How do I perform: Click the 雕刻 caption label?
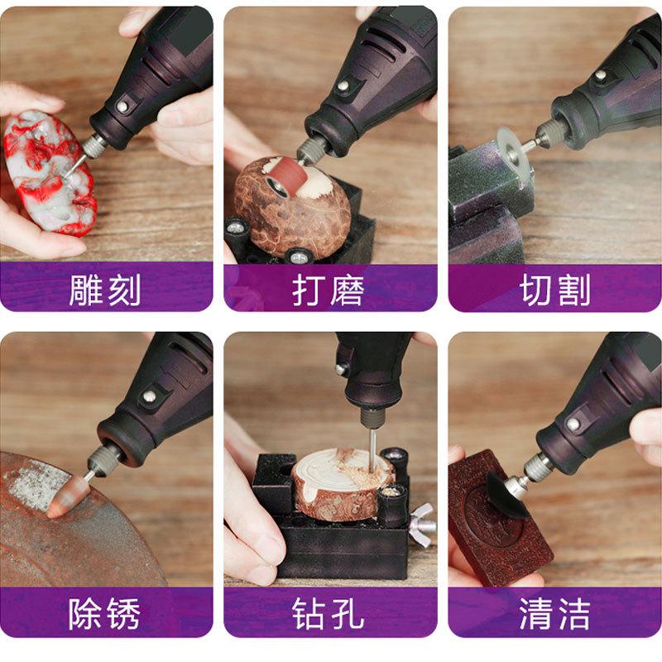106,290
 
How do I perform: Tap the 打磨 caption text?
329,290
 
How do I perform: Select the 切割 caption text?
555,290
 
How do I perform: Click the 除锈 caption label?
106,614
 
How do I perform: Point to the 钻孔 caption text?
329,614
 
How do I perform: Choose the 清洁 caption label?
555,614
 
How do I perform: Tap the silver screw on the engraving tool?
122,108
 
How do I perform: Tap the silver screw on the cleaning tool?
573,423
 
